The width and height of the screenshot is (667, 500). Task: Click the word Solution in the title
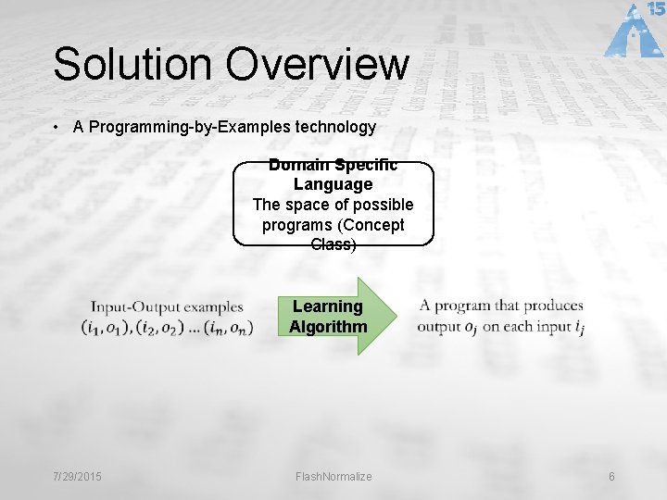(x=132, y=65)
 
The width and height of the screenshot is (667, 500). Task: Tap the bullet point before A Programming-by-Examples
(x=58, y=128)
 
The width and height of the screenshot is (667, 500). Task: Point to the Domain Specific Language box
(x=333, y=204)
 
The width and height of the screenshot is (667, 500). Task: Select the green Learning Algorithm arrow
(x=335, y=317)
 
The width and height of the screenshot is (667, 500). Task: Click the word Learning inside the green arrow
(x=328, y=306)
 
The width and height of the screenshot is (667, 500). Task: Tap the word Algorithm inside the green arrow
(x=328, y=326)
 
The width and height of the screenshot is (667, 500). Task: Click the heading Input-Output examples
(x=167, y=306)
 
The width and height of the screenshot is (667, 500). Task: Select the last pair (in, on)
(x=227, y=327)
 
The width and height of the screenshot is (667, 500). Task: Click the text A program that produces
(x=501, y=306)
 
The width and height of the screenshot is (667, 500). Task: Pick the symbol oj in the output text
(x=471, y=327)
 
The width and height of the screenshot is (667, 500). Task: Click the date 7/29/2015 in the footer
(x=77, y=477)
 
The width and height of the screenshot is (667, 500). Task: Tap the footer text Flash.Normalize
(x=333, y=477)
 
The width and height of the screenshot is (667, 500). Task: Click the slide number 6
(x=611, y=477)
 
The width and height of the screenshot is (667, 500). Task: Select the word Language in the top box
(x=333, y=184)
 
